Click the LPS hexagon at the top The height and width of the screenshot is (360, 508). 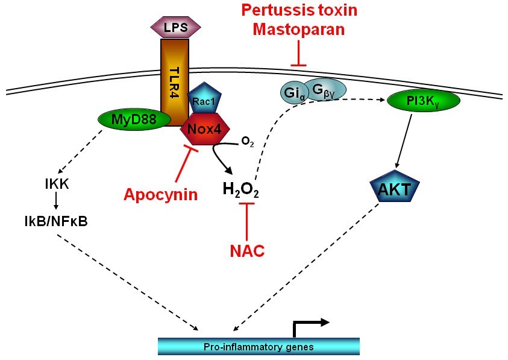175,28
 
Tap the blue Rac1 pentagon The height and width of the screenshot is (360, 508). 203,99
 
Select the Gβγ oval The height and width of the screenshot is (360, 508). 324,90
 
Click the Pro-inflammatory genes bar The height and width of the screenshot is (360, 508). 259,347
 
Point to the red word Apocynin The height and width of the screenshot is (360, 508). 161,194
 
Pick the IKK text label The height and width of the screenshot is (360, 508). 57,183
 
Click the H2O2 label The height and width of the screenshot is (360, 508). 242,191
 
